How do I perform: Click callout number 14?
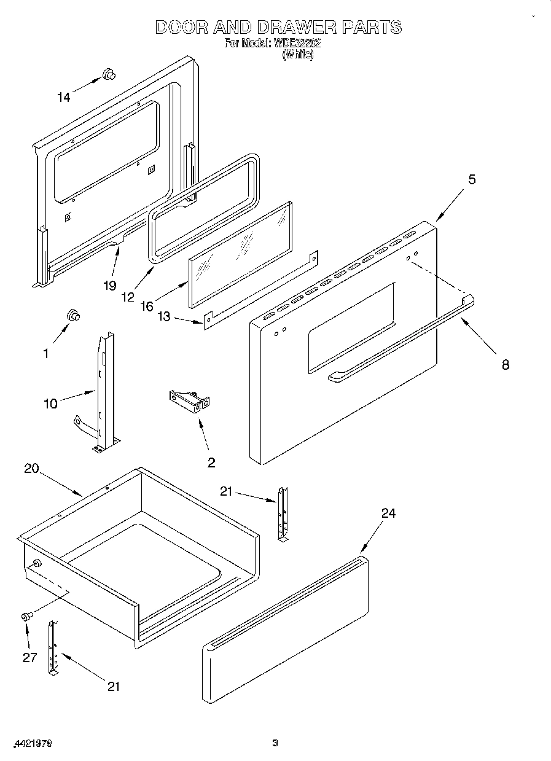pos(63,96)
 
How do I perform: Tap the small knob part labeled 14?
pos(109,74)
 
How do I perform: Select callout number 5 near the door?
pos(472,179)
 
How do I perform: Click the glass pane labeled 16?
pos(240,252)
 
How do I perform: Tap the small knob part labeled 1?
pos(74,315)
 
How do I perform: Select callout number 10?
pos(50,403)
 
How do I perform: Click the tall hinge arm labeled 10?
pos(104,393)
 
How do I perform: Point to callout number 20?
pos(31,468)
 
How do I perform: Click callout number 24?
pos(388,513)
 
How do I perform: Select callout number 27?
pos(30,657)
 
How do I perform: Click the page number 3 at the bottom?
pos(275,743)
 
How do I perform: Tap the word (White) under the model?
pos(298,55)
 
